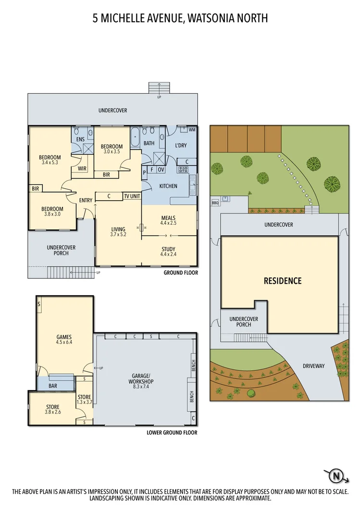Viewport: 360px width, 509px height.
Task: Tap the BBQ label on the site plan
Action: tap(215, 203)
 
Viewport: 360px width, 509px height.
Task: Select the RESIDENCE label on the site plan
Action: tap(283, 281)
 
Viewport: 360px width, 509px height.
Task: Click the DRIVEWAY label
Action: tap(313, 366)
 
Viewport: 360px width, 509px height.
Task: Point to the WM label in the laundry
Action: tap(192, 130)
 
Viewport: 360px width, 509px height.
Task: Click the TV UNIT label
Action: tap(132, 196)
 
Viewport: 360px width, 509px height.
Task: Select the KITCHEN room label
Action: tap(168, 186)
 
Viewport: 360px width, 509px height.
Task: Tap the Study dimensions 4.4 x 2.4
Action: tap(168, 254)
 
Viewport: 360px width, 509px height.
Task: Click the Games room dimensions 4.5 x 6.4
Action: tap(64, 342)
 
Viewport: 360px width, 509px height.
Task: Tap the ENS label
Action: tap(81, 140)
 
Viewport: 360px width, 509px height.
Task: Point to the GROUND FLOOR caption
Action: tap(180, 273)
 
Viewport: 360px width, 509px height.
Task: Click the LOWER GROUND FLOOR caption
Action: tap(172, 433)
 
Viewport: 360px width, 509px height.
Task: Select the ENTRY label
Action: tap(86, 201)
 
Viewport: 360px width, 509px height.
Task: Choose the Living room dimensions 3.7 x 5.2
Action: tap(118, 235)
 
